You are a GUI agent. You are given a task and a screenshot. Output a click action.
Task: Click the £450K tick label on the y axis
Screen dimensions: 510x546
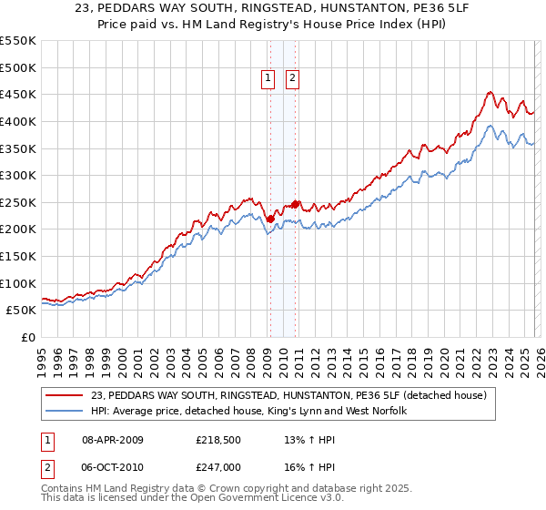point(18,94)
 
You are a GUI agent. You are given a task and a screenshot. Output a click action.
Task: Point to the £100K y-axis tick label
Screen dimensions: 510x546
point(18,283)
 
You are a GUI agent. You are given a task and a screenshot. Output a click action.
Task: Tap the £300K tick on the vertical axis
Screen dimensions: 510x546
point(18,175)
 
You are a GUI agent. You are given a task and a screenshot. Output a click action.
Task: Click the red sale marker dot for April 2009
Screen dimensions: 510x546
point(270,219)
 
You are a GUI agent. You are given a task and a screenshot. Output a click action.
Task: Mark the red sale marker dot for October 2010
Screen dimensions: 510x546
point(295,204)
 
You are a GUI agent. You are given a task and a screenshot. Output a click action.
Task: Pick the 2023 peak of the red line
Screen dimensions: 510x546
point(490,92)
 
